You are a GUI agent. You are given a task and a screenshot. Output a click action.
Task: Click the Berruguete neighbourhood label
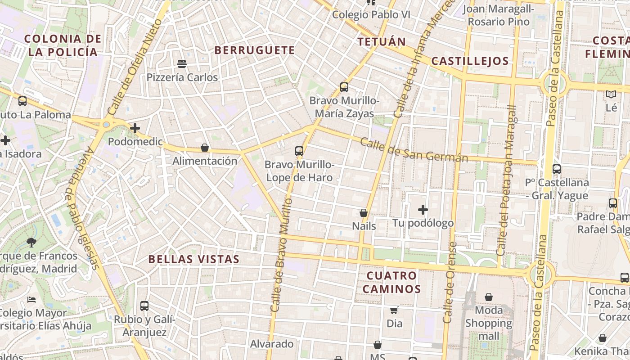tap(255, 50)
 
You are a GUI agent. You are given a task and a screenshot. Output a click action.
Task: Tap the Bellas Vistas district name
tap(194, 259)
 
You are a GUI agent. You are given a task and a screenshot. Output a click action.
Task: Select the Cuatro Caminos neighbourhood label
tap(391, 282)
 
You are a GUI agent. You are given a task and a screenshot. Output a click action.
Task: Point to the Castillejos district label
tap(470, 61)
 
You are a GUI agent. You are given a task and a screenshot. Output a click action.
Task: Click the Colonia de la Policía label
tap(62, 45)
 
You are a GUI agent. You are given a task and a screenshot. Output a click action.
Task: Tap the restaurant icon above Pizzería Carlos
tap(182, 64)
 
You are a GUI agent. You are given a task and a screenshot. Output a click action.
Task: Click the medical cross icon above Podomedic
tap(135, 128)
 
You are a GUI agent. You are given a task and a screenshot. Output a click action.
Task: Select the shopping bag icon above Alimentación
tap(205, 148)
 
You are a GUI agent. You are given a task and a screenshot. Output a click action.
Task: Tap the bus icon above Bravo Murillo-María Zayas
tap(344, 87)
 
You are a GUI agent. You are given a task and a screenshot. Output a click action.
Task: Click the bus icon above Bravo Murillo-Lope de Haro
tap(299, 151)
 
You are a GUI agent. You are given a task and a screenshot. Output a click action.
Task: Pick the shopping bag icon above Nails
tap(364, 213)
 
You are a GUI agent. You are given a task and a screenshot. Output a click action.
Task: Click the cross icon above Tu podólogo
tap(423, 210)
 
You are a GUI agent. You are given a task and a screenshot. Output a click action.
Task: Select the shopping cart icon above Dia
tap(394, 310)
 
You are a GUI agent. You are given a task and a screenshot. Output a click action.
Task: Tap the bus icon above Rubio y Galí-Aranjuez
tap(144, 306)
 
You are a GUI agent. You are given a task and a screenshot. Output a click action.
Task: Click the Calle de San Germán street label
tap(414, 151)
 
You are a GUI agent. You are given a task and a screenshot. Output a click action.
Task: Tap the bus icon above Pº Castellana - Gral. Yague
tap(557, 169)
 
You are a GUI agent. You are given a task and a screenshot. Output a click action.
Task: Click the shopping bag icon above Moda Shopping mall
tap(489, 297)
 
